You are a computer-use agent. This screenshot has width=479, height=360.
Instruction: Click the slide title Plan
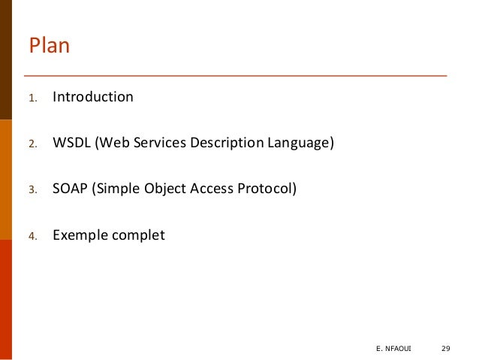click(49, 47)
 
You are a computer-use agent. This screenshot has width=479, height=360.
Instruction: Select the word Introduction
click(92, 97)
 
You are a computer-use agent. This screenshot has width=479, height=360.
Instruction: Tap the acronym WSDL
click(71, 143)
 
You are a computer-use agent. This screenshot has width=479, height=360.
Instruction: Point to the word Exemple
click(80, 235)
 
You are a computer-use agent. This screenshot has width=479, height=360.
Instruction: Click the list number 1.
click(32, 98)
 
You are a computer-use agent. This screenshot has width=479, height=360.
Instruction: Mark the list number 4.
click(32, 236)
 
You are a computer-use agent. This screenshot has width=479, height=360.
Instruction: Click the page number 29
click(445, 347)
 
